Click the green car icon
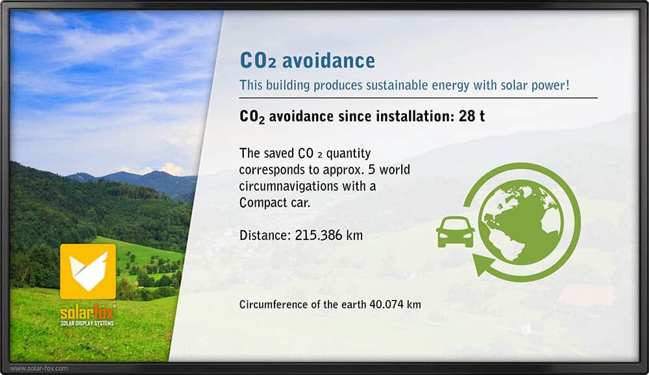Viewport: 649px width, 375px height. coord(456,232)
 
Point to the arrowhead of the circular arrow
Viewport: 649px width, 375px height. coord(483,265)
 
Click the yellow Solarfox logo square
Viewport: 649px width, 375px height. coord(88,272)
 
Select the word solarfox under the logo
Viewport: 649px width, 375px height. coord(87,312)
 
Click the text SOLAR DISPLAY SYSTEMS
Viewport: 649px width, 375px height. coord(87,323)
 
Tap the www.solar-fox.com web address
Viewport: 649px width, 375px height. coord(39,368)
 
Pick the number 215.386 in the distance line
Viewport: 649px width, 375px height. coord(318,235)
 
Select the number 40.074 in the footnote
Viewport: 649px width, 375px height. coord(386,305)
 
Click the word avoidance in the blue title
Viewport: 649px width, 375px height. coord(328,61)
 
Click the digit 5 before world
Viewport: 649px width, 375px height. coord(372,170)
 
